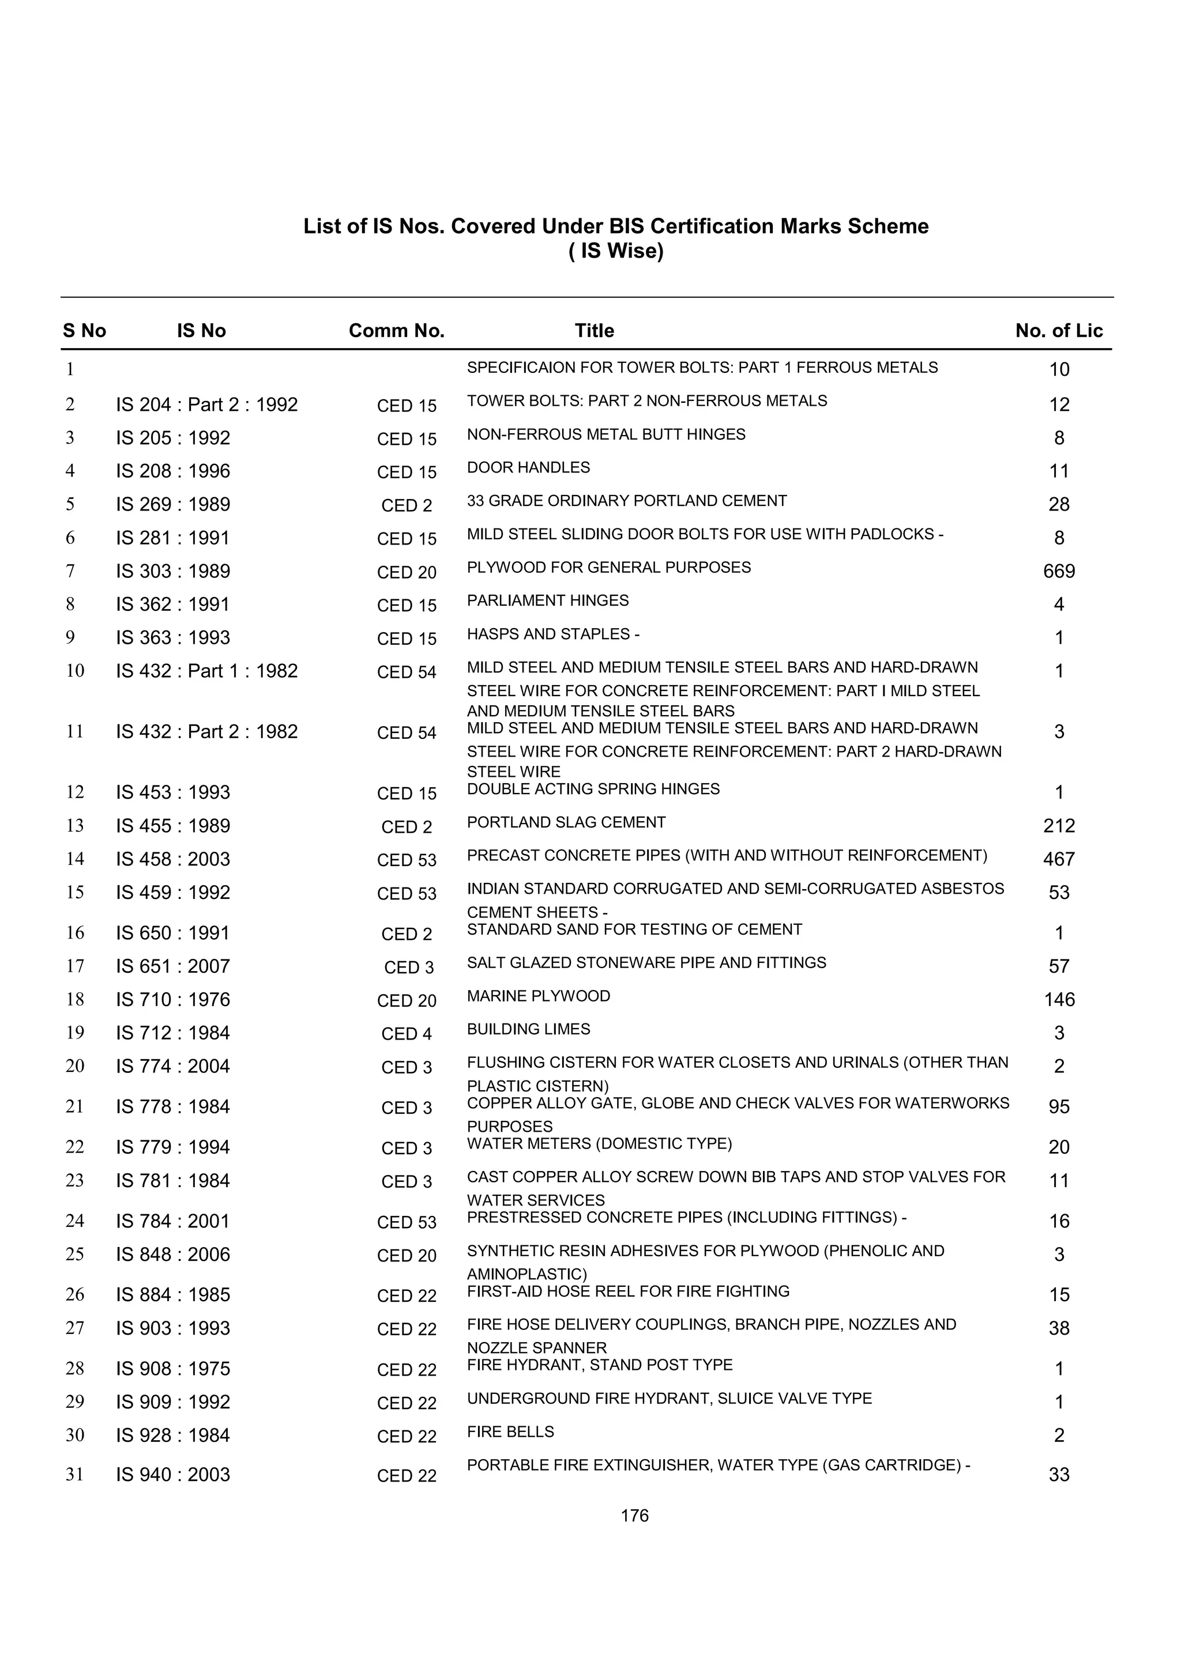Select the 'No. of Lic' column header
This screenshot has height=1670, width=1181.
pos(1059,331)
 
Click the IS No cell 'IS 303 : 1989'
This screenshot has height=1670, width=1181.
pos(172,572)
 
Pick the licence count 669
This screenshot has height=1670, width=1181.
pos(1059,572)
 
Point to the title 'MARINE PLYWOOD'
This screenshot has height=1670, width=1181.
pos(539,996)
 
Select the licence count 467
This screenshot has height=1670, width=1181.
pos(1059,860)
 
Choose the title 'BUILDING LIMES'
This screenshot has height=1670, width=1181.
pos(528,1030)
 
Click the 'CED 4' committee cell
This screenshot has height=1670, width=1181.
pos(406,1034)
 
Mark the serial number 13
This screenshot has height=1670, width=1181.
pos(75,826)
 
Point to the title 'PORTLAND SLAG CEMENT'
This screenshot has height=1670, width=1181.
pos(566,823)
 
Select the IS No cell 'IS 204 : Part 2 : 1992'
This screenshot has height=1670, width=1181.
pos(206,405)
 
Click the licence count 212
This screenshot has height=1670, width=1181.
pos(1059,826)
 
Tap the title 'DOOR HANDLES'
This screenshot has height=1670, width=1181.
pos(528,468)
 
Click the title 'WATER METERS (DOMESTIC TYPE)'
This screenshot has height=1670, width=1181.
pos(599,1144)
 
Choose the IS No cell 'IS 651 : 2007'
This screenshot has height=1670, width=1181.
pos(172,966)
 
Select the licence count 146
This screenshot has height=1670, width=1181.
pos(1059,1000)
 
